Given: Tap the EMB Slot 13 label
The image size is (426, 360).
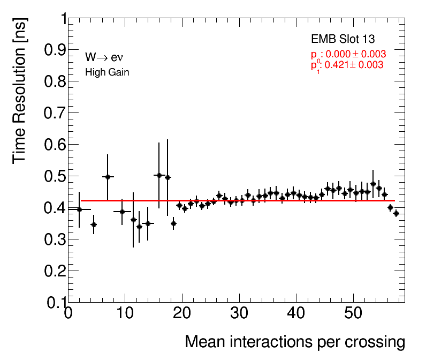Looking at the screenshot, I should click(343, 39).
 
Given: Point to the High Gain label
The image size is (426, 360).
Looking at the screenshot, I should click(107, 72).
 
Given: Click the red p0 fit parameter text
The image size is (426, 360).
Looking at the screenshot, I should click(348, 55).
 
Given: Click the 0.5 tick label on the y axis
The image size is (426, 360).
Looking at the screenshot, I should click(52, 176).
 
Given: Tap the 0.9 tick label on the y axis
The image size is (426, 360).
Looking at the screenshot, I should click(52, 50).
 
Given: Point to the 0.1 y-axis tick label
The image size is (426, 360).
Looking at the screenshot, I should click(52, 303).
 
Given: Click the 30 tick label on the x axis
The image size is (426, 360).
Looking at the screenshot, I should click(239, 314).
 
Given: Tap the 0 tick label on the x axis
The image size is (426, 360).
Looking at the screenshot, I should click(68, 314).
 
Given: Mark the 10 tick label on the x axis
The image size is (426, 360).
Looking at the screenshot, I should click(125, 314).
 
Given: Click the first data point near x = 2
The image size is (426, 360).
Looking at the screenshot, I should click(79, 209).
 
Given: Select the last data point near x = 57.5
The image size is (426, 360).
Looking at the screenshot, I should click(396, 213).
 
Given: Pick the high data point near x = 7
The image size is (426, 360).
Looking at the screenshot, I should click(108, 177).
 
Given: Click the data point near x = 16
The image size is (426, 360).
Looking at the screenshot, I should click(158, 175).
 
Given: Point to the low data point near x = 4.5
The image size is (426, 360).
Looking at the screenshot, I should click(94, 225).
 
